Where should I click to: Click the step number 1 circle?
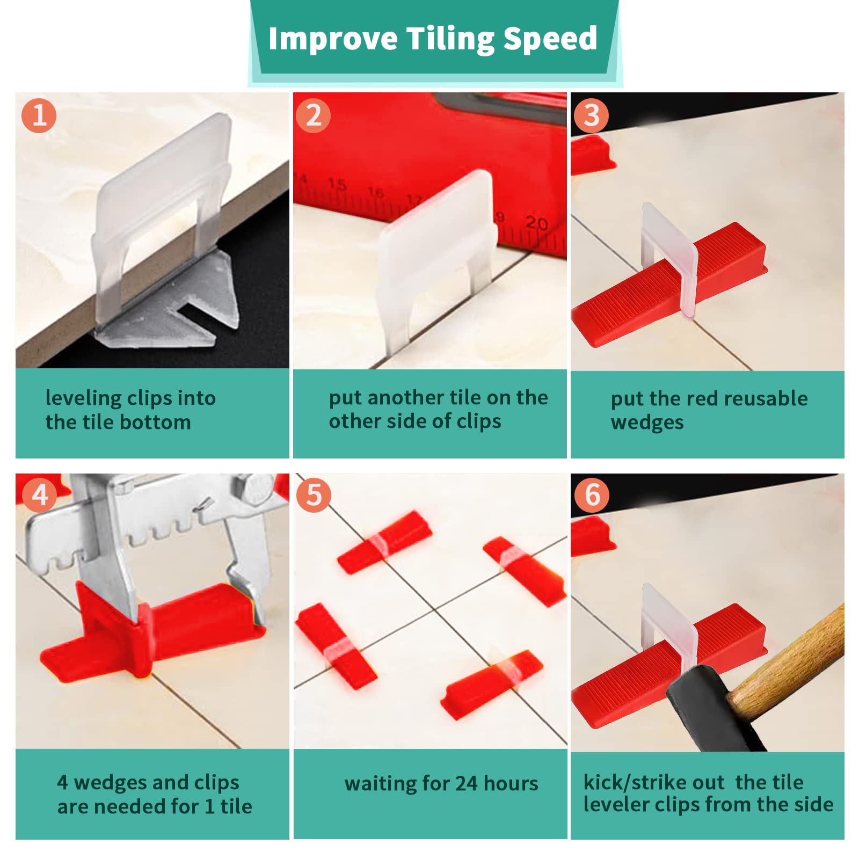[39, 115]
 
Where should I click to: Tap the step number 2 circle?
[314, 115]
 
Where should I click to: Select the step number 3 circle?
[591, 115]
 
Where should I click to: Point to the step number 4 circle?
[39, 495]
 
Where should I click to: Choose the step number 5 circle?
[314, 495]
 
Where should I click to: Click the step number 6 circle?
[592, 495]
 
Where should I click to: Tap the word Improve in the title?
[333, 39]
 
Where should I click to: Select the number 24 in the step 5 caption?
[467, 784]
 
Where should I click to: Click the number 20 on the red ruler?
[536, 223]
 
